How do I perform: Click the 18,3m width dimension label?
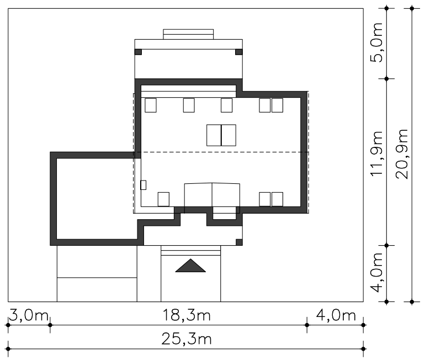187,315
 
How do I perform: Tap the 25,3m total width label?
187,339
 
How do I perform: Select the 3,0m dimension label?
29,315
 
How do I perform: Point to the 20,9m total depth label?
402,153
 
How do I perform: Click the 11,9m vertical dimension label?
376,153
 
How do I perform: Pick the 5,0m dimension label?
376,43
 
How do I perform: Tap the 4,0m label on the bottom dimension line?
336,315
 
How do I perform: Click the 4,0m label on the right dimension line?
376,273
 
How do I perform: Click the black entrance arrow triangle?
190,266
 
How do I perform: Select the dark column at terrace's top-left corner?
138,52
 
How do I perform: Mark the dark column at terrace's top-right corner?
239,52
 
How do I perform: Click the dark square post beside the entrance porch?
239,242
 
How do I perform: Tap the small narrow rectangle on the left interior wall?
144,185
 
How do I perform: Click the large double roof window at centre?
221,135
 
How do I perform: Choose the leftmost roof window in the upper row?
151,105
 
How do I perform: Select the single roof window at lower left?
164,199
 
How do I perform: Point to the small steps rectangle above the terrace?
188,34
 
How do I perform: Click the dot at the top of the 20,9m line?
412,8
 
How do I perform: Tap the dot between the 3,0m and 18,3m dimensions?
50,325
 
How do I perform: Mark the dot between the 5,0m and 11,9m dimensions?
387,78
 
